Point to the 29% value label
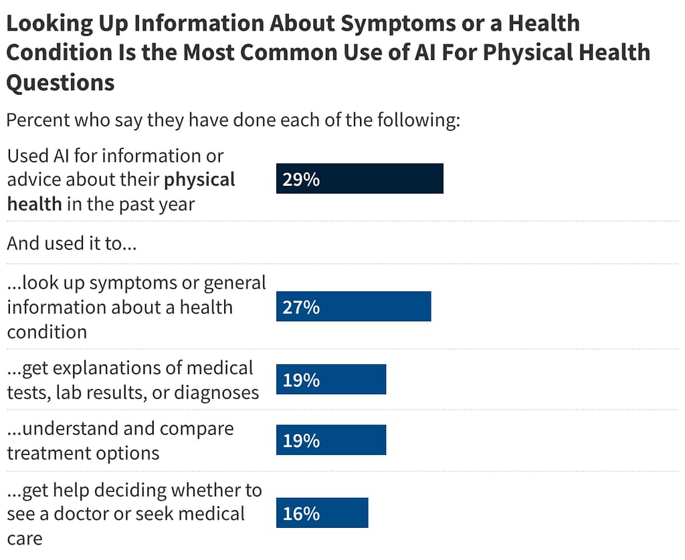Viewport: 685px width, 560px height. point(301,179)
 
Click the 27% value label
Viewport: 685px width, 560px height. point(301,307)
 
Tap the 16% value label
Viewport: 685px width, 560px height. point(301,514)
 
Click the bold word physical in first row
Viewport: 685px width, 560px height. point(199,180)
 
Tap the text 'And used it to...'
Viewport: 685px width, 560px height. point(72,243)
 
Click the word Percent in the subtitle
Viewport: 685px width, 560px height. point(37,121)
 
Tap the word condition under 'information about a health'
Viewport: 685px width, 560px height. point(47,332)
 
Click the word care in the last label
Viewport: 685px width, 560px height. point(24,538)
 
